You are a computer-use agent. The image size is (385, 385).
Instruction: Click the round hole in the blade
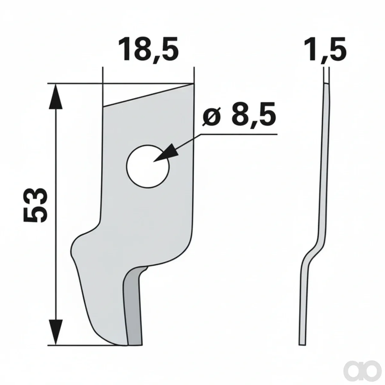click(x=148, y=166)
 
